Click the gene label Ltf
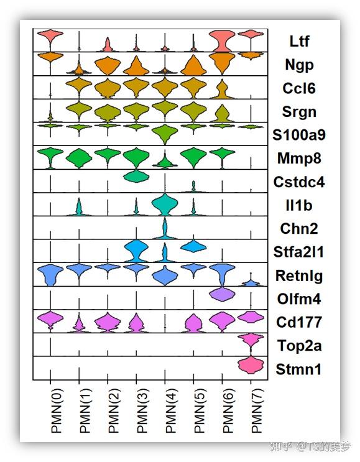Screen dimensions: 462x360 [x=299, y=42]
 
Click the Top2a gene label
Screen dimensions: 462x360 [x=300, y=346]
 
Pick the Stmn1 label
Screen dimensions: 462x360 [x=300, y=369]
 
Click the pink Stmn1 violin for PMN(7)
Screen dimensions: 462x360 [x=251, y=365]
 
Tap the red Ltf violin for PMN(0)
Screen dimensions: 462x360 [x=50, y=37]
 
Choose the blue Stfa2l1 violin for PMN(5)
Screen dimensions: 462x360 [x=193, y=246]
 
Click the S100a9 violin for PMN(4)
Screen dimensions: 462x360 [x=165, y=132]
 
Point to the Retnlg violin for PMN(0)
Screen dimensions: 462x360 [x=50, y=273]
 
